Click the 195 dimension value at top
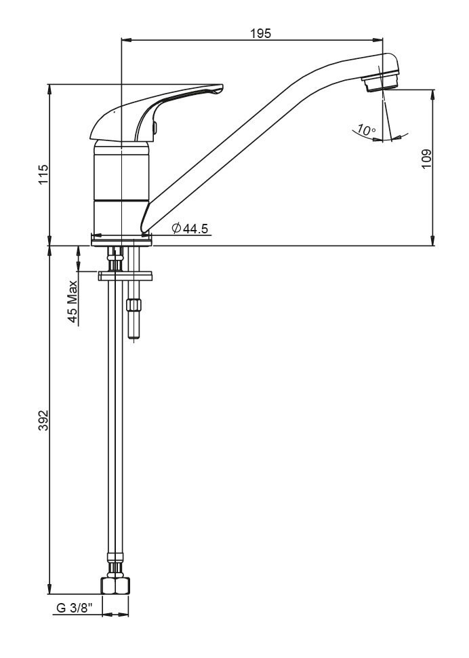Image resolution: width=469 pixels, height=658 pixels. [x=261, y=33]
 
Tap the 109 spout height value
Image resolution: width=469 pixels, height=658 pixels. [x=426, y=159]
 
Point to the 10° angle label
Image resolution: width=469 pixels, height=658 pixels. [x=367, y=130]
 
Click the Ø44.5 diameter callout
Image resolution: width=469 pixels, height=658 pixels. [x=190, y=229]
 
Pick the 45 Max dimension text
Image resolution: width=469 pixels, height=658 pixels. [x=73, y=301]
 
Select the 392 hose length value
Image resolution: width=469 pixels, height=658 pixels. [x=43, y=421]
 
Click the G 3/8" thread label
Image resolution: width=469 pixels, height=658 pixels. [x=74, y=608]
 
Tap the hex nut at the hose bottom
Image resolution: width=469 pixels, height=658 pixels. [x=115, y=586]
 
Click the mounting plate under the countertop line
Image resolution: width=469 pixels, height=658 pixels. [x=126, y=276]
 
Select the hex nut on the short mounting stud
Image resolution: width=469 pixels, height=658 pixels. [x=135, y=305]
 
